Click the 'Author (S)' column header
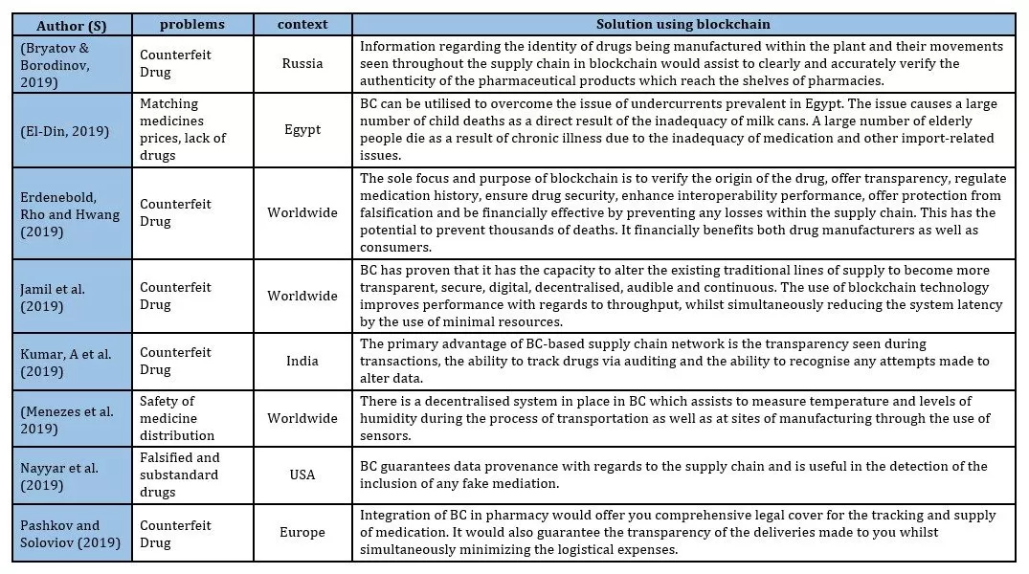tap(71, 24)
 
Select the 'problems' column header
tap(191, 24)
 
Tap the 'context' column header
tap(302, 24)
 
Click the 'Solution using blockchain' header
tap(682, 24)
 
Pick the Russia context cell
tap(302, 63)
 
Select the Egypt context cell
tap(302, 129)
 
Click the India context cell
tap(302, 361)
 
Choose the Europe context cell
tap(302, 533)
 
